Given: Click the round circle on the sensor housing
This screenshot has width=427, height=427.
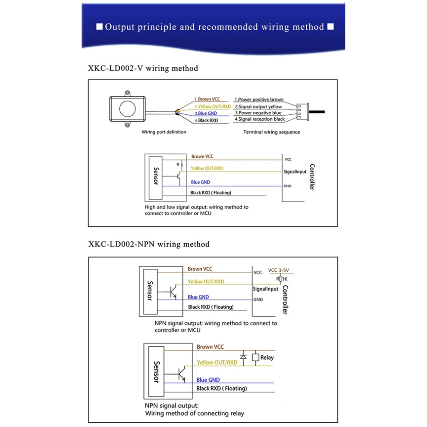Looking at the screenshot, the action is [x=127, y=108].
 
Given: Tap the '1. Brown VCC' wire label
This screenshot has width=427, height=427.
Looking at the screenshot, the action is [x=207, y=99].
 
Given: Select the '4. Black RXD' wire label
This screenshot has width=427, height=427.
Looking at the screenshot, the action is [x=206, y=120].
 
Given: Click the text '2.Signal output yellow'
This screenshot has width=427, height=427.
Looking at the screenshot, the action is [x=258, y=107].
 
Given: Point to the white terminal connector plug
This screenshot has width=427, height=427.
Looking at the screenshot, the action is [x=303, y=112].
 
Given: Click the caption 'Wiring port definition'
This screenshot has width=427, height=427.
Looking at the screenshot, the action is [x=164, y=132].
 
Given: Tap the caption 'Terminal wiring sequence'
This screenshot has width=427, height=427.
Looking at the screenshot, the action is [x=271, y=132].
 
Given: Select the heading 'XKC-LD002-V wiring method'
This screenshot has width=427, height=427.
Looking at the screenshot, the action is [x=143, y=68].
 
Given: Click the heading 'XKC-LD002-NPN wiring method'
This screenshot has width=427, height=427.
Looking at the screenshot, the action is [x=149, y=244].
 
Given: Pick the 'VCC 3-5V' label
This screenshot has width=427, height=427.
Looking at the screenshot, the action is [x=278, y=270].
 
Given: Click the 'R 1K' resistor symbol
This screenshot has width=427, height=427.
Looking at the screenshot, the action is [x=281, y=279].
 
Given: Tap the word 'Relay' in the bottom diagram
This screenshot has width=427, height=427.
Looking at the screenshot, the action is [x=267, y=357].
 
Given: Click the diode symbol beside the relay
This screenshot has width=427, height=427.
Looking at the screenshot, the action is [x=243, y=357].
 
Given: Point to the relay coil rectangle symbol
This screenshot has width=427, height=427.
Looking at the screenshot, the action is [x=255, y=357].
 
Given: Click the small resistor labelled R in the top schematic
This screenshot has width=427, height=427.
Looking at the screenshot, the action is [x=182, y=165].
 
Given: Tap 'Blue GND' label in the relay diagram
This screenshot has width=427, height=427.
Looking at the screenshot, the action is [x=208, y=380].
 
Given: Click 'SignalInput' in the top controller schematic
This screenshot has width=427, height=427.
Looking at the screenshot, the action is [x=295, y=172].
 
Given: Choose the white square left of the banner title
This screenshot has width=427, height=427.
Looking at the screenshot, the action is [x=99, y=26].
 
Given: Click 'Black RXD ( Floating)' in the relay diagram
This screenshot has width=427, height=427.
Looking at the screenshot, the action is [x=222, y=388].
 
